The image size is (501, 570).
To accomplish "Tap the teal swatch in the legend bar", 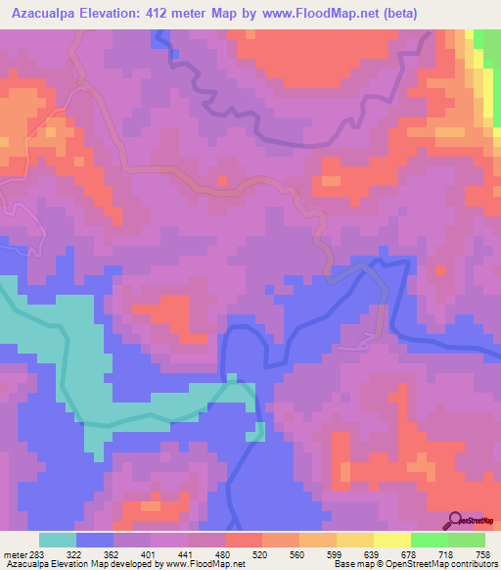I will coord(58,540).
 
